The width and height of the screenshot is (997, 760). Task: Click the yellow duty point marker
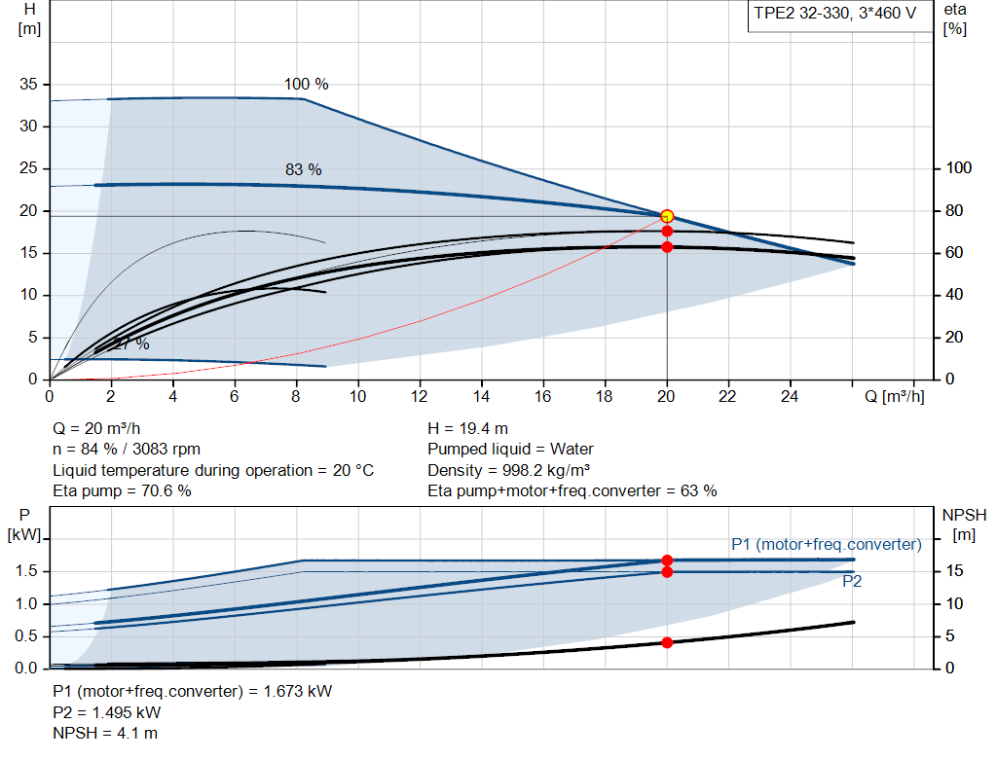pos(667,216)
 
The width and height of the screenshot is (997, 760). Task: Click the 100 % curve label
pos(306,85)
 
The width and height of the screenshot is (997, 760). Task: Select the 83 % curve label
pos(303,169)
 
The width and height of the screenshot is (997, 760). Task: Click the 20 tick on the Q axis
pos(667,396)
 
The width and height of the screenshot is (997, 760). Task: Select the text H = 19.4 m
pos(468,428)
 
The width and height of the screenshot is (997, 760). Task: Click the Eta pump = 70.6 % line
pos(122,490)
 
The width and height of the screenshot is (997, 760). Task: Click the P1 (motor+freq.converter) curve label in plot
pos(826,544)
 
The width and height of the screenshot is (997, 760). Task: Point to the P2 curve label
pos(852,582)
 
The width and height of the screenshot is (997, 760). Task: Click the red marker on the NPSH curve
pos(667,642)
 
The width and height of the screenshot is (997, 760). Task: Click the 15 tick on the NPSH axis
pos(955,571)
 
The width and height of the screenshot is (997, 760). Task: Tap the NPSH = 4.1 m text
pos(105,733)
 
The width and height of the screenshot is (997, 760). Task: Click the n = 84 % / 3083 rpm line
pos(127,449)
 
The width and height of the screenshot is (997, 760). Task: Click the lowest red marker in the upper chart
pos(667,247)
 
